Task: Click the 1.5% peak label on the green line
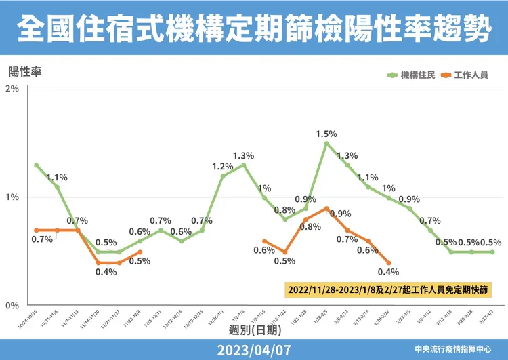tap(326, 134)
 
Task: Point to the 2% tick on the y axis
tap(12, 89)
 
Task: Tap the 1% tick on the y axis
tap(12, 197)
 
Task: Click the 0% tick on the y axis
tap(12, 306)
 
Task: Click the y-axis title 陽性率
tap(25, 71)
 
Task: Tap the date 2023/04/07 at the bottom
tap(253, 349)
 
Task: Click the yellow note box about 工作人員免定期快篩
tap(388, 289)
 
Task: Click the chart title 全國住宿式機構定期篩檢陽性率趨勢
tap(253, 28)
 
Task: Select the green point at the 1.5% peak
tap(326, 144)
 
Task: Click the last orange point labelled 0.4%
tap(389, 263)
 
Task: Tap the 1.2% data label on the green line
tap(222, 166)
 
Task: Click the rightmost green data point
tap(492, 252)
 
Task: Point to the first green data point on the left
tap(36, 165)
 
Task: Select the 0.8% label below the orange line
tap(310, 226)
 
